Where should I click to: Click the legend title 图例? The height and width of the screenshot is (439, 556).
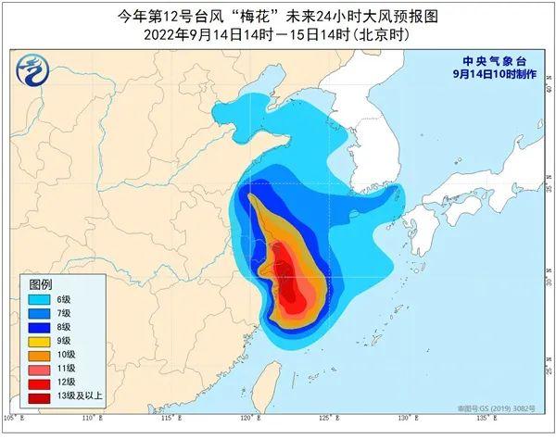(x=41, y=283)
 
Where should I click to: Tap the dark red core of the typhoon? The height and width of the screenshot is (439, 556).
(x=294, y=296)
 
